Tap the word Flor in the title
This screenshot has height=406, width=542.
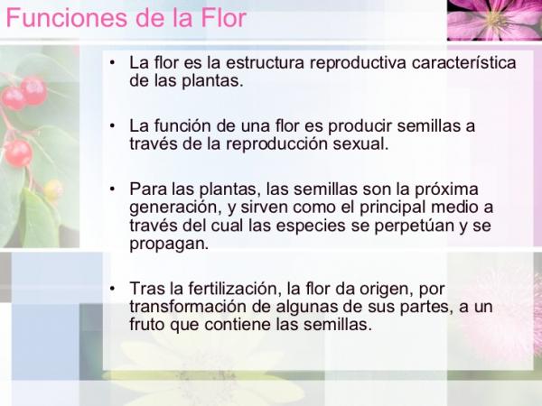223,18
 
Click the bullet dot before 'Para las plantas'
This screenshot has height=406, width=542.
111,189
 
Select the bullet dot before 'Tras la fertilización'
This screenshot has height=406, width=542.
111,289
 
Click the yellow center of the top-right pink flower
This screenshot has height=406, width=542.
495,17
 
